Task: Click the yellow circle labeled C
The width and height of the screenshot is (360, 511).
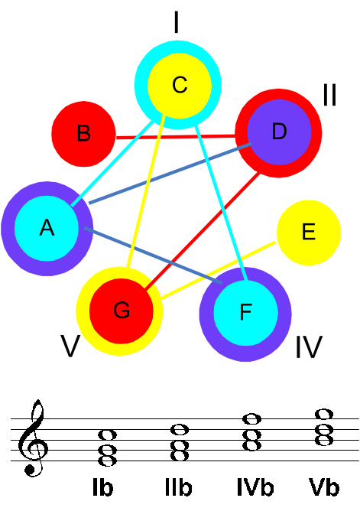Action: click(x=180, y=86)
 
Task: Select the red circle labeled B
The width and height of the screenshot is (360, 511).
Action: click(x=83, y=134)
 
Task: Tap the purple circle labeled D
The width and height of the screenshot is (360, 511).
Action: click(x=279, y=132)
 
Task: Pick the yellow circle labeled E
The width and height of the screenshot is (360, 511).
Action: click(x=309, y=233)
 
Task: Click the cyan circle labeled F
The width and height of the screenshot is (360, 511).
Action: click(x=246, y=313)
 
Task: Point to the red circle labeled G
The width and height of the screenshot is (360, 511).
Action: click(x=121, y=311)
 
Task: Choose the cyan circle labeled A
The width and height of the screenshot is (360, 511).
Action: click(x=47, y=228)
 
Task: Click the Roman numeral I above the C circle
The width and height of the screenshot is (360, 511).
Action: click(x=177, y=22)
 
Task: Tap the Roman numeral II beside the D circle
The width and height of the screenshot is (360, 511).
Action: click(x=329, y=95)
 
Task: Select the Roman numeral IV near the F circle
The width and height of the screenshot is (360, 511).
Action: click(x=309, y=347)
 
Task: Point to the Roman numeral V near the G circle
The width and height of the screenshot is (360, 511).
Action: click(x=70, y=347)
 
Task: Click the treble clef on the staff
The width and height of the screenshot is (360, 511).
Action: click(x=33, y=438)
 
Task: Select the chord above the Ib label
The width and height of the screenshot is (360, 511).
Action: click(x=108, y=448)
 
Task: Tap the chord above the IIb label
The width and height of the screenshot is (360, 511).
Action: click(x=180, y=443)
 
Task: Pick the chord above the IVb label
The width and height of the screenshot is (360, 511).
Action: click(x=252, y=432)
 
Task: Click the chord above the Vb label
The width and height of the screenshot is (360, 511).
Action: click(x=324, y=428)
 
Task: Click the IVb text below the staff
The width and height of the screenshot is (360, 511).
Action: click(x=255, y=487)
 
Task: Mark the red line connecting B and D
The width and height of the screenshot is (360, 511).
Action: click(x=176, y=137)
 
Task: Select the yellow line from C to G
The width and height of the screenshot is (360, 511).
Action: click(x=146, y=191)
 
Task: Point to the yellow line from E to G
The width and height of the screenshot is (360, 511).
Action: click(x=218, y=270)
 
